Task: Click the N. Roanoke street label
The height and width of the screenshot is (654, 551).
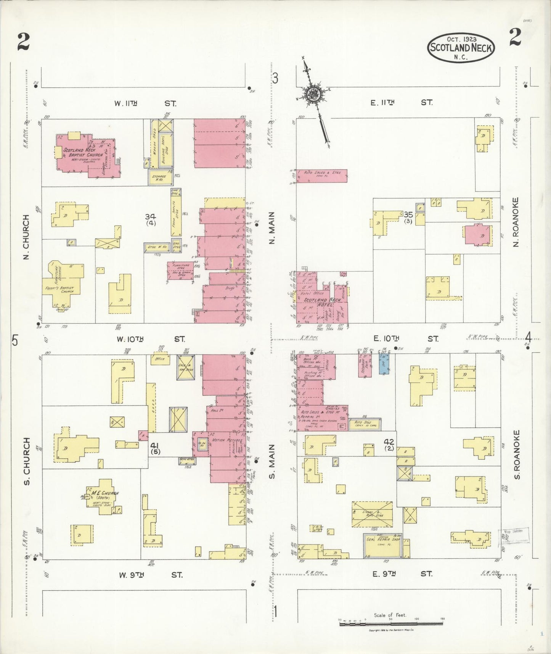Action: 516,222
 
